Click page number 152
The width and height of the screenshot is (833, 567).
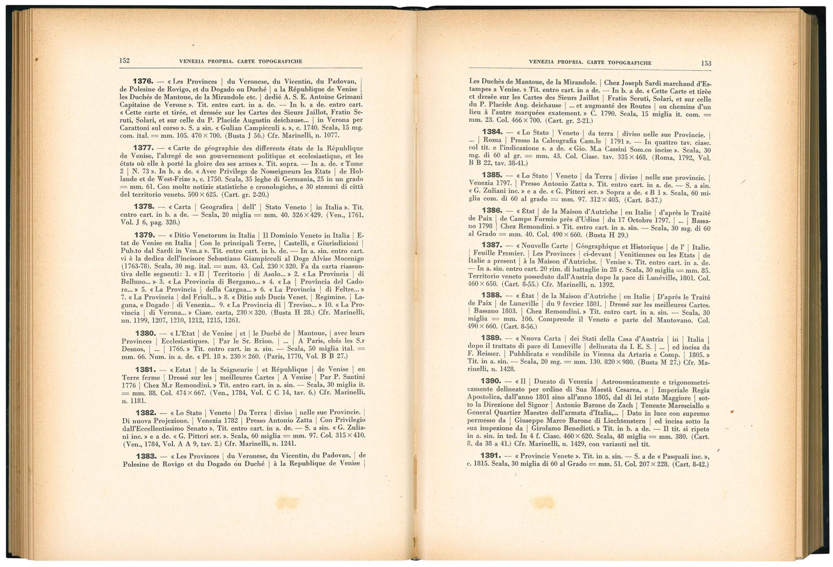click(125, 60)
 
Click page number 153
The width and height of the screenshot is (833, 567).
click(706, 63)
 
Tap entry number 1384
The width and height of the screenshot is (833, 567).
click(492, 132)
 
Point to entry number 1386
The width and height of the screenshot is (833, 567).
click(492, 211)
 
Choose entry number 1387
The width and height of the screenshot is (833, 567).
click(491, 245)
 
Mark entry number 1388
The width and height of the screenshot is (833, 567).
click(491, 295)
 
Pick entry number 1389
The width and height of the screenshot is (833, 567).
click(491, 338)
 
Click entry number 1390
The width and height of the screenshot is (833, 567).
click(490, 381)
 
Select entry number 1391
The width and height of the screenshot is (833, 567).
click(490, 455)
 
